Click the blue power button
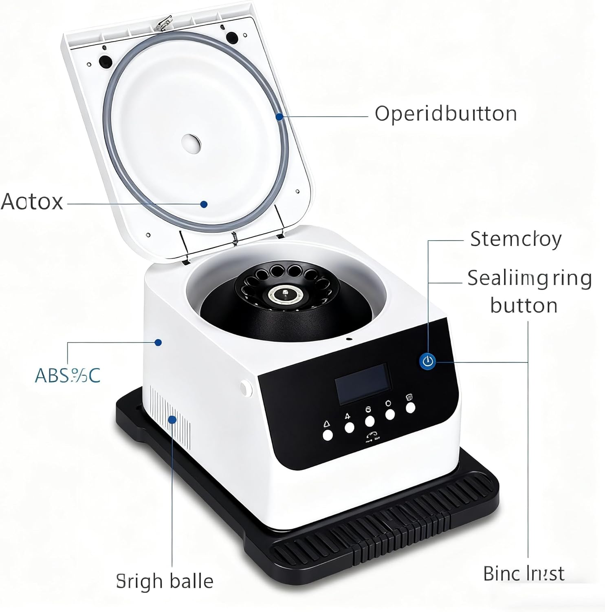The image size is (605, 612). (x=427, y=361)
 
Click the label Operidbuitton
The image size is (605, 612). (x=446, y=113)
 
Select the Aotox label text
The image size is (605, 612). (x=32, y=202)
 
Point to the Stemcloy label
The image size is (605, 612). (x=515, y=239)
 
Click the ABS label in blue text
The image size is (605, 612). (x=68, y=375)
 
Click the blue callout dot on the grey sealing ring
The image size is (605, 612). (x=279, y=117)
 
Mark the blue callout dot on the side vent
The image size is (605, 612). (x=172, y=419)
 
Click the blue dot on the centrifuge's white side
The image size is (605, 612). (x=158, y=342)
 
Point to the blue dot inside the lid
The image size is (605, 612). (x=204, y=204)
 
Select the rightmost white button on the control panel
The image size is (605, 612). (x=410, y=408)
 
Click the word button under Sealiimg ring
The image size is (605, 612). (x=524, y=305)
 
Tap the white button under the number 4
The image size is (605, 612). (x=349, y=428)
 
